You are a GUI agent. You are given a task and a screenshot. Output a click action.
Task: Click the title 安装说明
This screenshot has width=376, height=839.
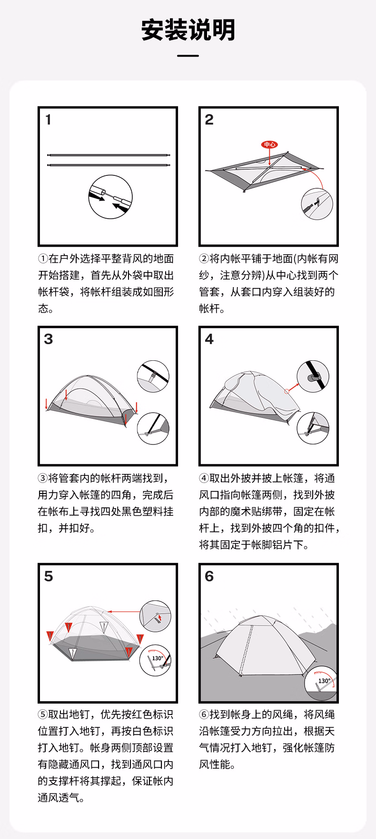[x=188, y=30]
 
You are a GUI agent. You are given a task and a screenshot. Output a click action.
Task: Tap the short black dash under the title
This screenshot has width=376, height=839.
[x=188, y=56]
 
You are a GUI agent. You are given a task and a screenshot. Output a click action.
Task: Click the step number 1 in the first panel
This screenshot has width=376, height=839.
[x=48, y=120]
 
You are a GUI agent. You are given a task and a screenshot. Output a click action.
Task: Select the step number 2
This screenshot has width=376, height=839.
[x=209, y=120]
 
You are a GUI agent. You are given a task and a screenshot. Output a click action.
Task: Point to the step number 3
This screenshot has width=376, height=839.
[x=49, y=339]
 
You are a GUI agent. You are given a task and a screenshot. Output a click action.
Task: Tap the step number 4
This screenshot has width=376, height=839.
[x=209, y=339]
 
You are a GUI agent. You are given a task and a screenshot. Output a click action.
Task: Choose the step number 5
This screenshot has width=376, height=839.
[x=49, y=576]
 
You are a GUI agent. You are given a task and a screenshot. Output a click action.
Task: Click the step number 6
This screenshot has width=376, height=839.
[x=209, y=576]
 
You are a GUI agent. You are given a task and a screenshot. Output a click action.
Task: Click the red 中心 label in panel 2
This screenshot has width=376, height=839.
[x=269, y=145]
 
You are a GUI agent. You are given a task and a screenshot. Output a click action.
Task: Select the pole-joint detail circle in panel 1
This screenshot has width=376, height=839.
[x=110, y=197]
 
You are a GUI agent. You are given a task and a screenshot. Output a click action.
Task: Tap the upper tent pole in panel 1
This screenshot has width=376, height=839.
[x=109, y=155]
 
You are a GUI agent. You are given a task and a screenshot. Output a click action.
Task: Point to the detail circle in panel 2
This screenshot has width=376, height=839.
[x=317, y=204]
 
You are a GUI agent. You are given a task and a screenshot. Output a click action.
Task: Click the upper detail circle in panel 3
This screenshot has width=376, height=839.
[x=153, y=376]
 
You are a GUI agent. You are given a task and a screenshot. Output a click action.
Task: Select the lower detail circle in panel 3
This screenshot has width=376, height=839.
[x=153, y=428]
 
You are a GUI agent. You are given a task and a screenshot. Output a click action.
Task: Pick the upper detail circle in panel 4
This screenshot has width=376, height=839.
[x=313, y=376]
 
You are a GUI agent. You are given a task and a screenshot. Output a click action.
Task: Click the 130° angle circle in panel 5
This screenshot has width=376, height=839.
[x=155, y=660]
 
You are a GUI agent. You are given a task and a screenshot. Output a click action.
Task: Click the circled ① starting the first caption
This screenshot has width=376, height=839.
[x=43, y=259]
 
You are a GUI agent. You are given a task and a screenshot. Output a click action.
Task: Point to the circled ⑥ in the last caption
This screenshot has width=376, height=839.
[x=204, y=714]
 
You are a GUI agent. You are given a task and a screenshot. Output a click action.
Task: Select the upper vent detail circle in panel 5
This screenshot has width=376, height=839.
[x=155, y=617]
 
